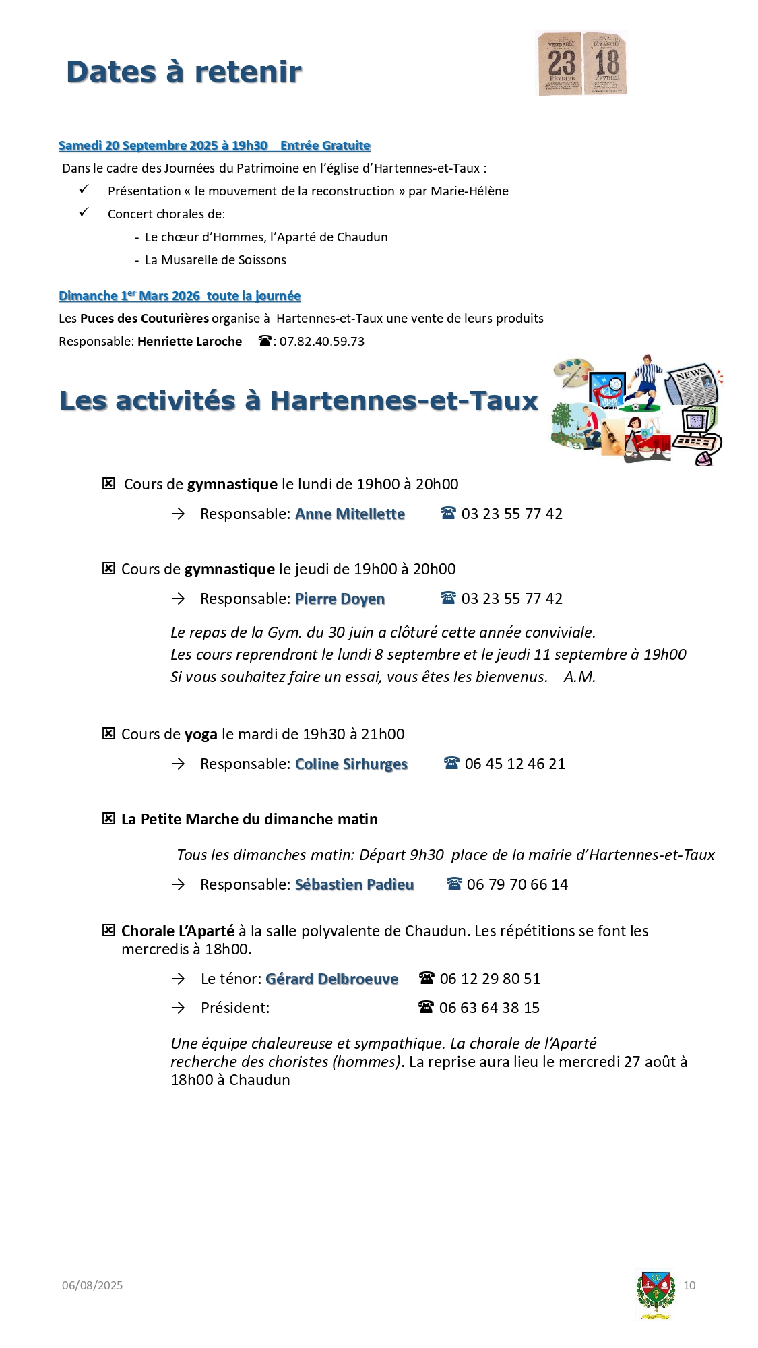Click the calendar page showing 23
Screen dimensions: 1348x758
pos(560,63)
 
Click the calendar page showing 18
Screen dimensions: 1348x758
pos(606,63)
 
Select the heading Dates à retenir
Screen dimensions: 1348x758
pos(184,72)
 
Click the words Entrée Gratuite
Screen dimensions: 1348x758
pos(325,146)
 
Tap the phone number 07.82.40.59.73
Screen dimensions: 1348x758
pos(322,342)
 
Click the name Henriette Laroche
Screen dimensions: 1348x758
pos(189,342)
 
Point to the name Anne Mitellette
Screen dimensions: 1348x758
pos(350,514)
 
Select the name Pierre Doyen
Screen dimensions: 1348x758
pos(340,599)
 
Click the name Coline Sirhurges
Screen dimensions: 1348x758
pos(351,764)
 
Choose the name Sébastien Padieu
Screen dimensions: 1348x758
pos(354,885)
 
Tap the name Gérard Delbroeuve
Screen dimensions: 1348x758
pos(331,979)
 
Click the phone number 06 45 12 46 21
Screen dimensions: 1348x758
pos(515,764)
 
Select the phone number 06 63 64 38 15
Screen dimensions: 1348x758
pos(489,1008)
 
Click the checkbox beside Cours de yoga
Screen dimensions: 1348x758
pos(108,734)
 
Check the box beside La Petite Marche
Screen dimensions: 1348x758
pos(108,819)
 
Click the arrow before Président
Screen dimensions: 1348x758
pos(178,1008)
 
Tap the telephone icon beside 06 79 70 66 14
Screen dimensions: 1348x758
pos(454,884)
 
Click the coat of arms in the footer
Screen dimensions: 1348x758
pos(655,1293)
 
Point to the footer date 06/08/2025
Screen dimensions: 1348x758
pos(92,1285)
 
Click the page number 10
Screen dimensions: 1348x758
pos(689,1285)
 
